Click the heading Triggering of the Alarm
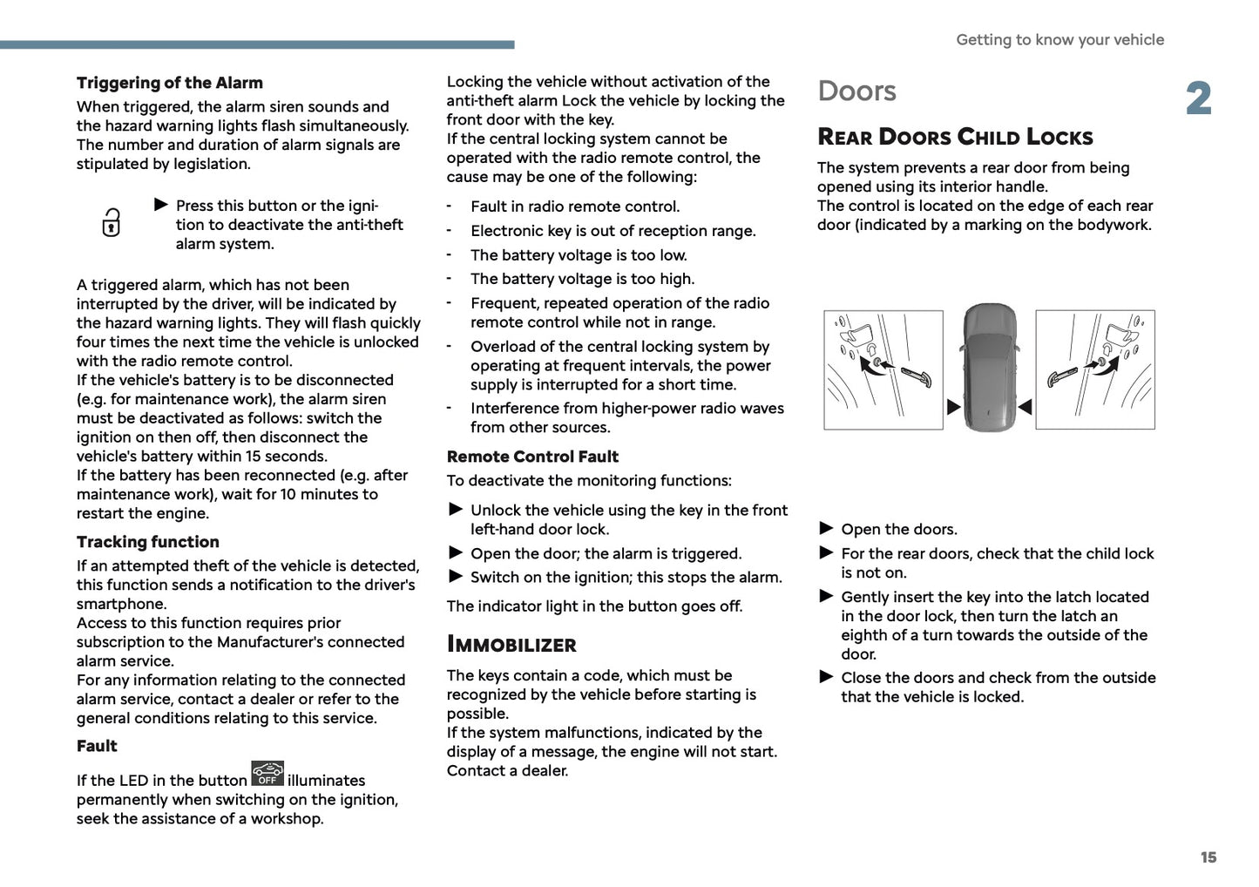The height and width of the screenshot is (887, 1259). click(x=169, y=83)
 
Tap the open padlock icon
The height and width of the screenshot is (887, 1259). click(x=112, y=223)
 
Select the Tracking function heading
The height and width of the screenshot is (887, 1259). click(x=147, y=542)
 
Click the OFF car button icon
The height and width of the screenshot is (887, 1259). click(x=267, y=774)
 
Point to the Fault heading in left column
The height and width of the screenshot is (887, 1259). click(x=97, y=746)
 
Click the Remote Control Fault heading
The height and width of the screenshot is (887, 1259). click(x=532, y=457)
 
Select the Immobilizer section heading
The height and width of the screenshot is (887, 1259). click(x=511, y=645)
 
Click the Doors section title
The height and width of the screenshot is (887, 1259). click(x=856, y=91)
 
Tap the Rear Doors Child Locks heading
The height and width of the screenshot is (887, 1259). click(x=955, y=137)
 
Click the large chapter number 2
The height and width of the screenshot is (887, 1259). click(x=1199, y=98)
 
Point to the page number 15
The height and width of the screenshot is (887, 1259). click(x=1208, y=857)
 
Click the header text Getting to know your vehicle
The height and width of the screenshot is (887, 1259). click(x=1059, y=40)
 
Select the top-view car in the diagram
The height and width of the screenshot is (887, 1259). click(x=990, y=366)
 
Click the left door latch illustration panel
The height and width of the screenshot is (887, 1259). click(x=883, y=369)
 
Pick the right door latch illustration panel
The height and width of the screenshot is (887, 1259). click(x=1095, y=369)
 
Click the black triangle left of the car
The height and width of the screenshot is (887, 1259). click(x=953, y=407)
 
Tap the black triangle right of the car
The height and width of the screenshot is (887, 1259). click(x=1025, y=407)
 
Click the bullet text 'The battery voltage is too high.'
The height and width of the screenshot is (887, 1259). click(x=582, y=279)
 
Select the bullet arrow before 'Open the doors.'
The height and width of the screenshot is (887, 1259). click(x=826, y=528)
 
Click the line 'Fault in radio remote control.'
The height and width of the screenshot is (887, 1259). click(x=575, y=207)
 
